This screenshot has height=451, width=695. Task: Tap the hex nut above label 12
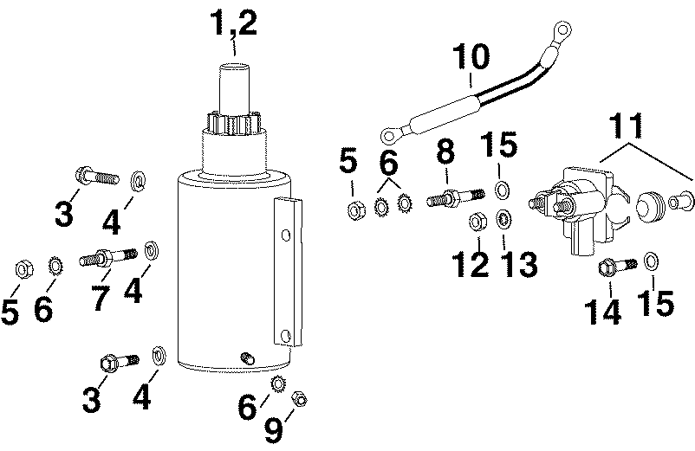coord(476,222)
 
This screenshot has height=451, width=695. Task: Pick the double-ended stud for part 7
coord(108,257)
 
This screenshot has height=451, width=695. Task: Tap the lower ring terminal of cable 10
coord(390,134)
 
